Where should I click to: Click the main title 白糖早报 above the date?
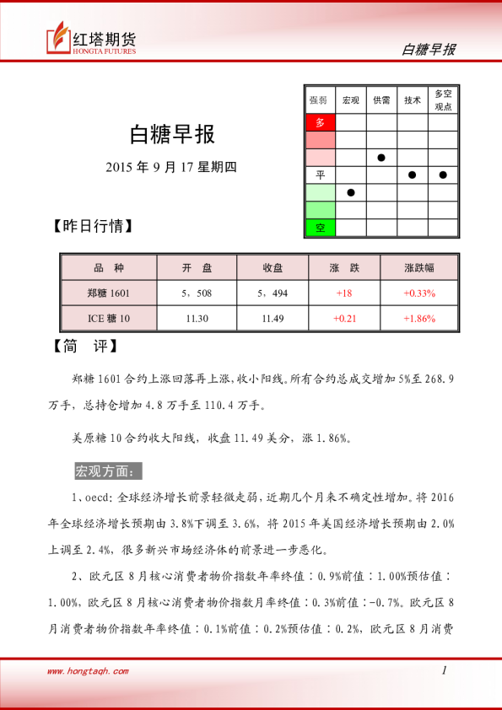click(x=172, y=134)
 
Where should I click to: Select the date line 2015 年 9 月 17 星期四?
click(x=172, y=166)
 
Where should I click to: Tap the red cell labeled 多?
click(x=320, y=122)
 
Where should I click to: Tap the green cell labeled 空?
click(x=320, y=228)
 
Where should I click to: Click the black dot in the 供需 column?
click(x=381, y=158)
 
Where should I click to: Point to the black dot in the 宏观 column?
click(x=351, y=192)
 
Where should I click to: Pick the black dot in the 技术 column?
click(x=413, y=175)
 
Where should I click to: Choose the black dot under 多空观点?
click(x=443, y=175)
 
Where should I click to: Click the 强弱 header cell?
click(x=320, y=100)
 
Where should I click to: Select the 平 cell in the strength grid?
click(x=320, y=175)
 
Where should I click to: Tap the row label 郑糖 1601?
click(x=109, y=293)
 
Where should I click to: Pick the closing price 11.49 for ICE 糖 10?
click(x=273, y=318)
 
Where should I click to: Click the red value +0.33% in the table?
click(x=419, y=293)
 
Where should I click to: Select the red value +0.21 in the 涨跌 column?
click(x=344, y=318)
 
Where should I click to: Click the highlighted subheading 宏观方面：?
click(x=110, y=470)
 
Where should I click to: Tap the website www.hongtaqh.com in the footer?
click(x=88, y=671)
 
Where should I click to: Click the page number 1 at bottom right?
click(x=444, y=670)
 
